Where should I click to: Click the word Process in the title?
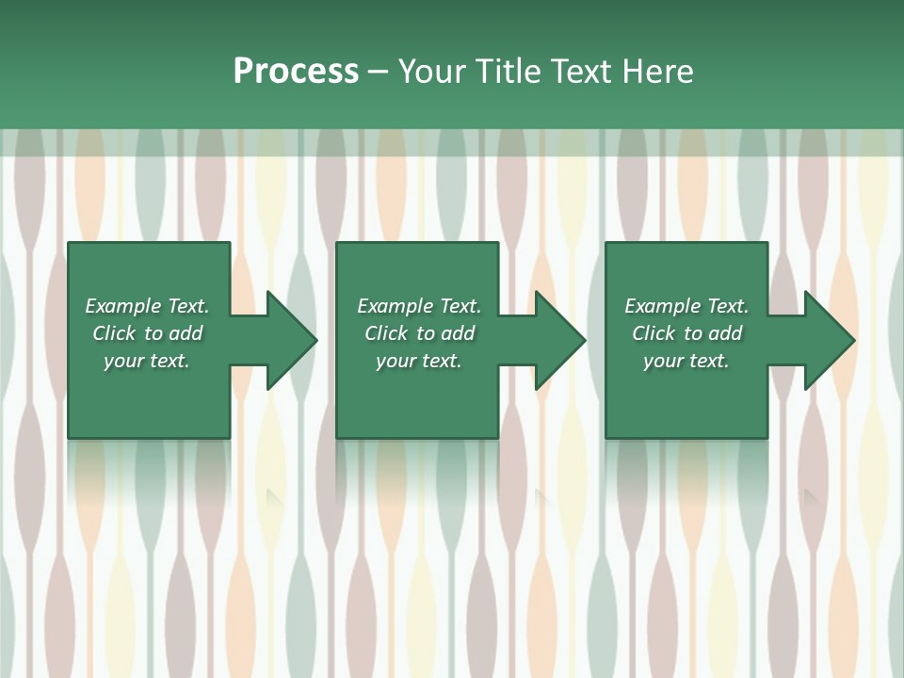point(296,72)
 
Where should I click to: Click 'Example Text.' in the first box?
point(147,306)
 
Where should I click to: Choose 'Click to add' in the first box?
point(147,333)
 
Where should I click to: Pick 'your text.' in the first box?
point(147,361)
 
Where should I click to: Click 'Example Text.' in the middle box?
point(419,306)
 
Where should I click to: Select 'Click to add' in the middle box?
point(419,333)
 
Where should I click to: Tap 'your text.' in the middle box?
point(419,361)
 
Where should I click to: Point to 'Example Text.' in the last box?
point(686,306)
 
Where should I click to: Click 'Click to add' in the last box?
point(686,333)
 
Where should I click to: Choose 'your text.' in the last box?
point(686,361)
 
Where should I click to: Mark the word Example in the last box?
point(662,306)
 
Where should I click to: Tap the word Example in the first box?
point(122,306)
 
